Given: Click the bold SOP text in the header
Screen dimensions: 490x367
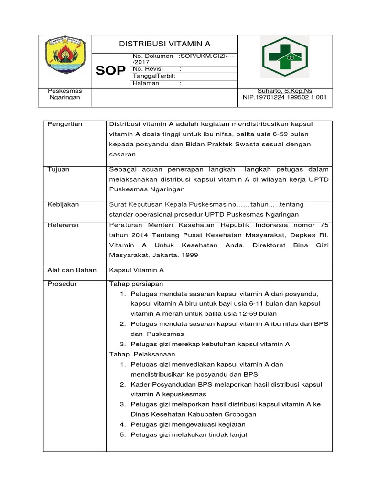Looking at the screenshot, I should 111,71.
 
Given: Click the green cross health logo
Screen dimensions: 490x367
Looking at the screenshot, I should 285,56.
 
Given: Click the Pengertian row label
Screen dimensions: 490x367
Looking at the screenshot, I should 65,124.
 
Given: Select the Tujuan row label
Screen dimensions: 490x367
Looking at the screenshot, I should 58,169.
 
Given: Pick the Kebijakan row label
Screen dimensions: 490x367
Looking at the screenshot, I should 63,204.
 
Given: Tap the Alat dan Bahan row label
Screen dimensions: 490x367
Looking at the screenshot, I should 72,270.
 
